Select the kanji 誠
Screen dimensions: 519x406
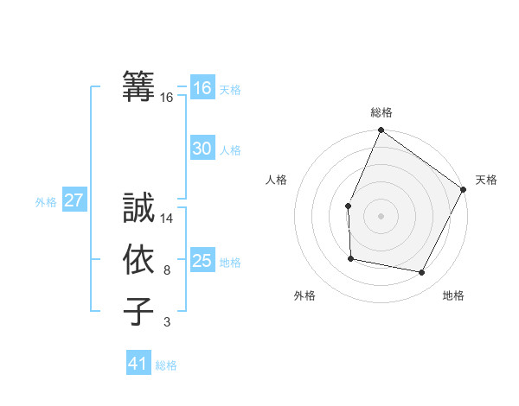coord(139,207)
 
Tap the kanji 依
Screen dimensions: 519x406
coord(139,259)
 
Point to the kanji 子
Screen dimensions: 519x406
coord(139,311)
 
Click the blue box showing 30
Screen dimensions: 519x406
coord(202,149)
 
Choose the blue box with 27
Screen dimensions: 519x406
coord(74,201)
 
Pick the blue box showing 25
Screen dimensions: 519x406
coord(202,261)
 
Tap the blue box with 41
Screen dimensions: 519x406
coord(138,364)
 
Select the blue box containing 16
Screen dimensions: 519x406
coord(202,88)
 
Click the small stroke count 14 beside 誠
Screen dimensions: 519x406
coord(167,219)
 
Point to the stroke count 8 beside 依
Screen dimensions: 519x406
coord(167,271)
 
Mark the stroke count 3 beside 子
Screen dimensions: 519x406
coord(167,323)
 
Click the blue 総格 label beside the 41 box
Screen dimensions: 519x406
coord(166,365)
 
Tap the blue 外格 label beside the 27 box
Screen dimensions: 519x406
coord(46,202)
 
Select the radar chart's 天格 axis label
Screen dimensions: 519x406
coord(486,180)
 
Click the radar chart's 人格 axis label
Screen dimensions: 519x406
coord(277,180)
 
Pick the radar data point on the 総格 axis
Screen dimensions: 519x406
coord(381,130)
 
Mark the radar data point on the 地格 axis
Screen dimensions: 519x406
coord(422,273)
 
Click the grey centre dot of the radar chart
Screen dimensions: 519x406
coord(381,215)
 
